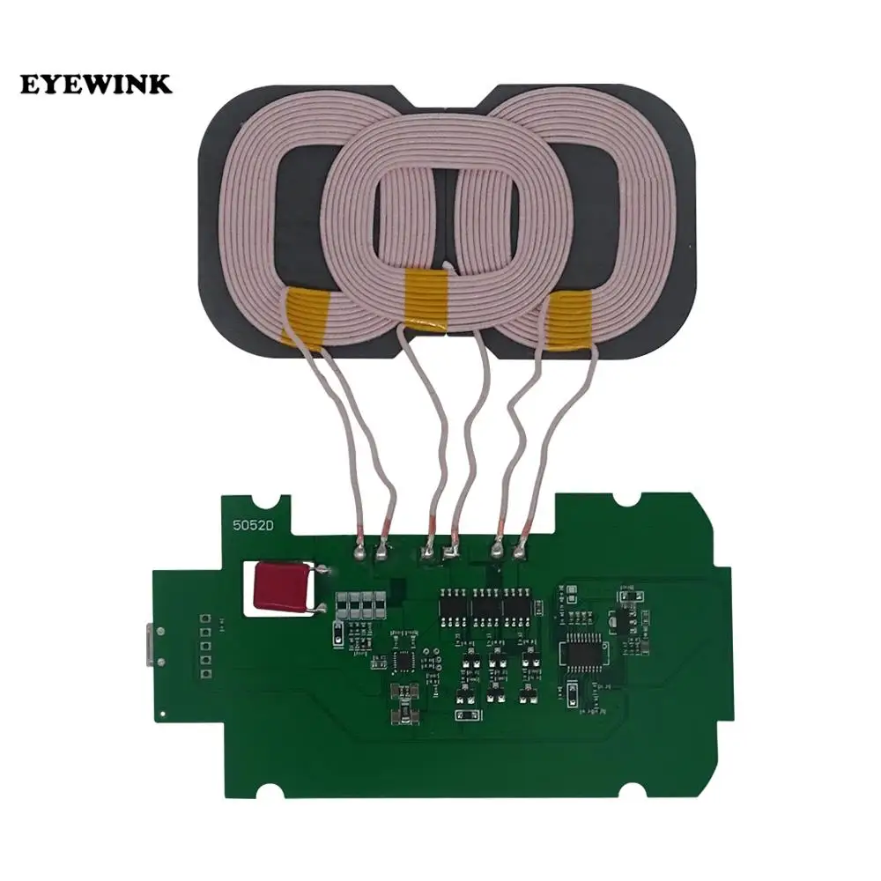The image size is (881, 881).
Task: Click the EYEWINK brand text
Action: pos(97,85)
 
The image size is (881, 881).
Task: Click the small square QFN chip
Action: pos(404,658)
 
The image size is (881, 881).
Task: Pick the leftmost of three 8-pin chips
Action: pos(454,605)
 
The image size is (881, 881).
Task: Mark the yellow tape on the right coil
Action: pos(568,319)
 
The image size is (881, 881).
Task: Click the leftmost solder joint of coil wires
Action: pos(359,553)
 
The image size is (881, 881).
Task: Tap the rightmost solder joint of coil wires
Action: pos(520,553)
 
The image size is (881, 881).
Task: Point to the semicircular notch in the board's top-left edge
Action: pos(282,505)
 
